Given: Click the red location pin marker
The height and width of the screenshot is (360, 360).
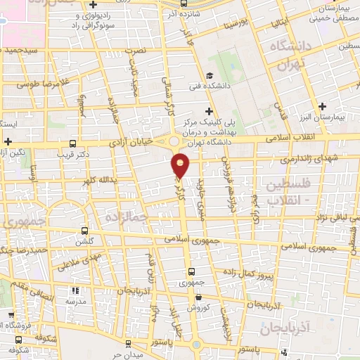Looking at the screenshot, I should [x=181, y=165].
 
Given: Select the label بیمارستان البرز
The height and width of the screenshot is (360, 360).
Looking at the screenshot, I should [x=336, y=117].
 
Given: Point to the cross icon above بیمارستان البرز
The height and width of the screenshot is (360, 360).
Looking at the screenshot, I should [x=322, y=107].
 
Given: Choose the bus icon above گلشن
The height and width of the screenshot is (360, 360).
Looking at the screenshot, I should [x=85, y=230].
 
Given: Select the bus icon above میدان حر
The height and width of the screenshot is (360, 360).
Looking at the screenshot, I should [x=127, y=344].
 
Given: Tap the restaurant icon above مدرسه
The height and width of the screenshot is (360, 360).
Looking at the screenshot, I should [x=76, y=290].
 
